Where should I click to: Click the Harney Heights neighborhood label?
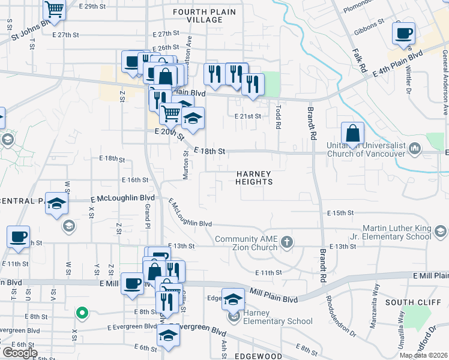[x=254, y=177]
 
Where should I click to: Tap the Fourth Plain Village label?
[x=197, y=16]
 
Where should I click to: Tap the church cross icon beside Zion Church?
[x=288, y=242]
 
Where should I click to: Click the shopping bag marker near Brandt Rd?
[x=352, y=133]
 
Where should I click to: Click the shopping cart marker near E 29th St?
[x=54, y=10]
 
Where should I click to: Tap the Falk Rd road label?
[x=360, y=60]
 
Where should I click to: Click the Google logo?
[x=20, y=353]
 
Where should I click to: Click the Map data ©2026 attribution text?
[x=423, y=355]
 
